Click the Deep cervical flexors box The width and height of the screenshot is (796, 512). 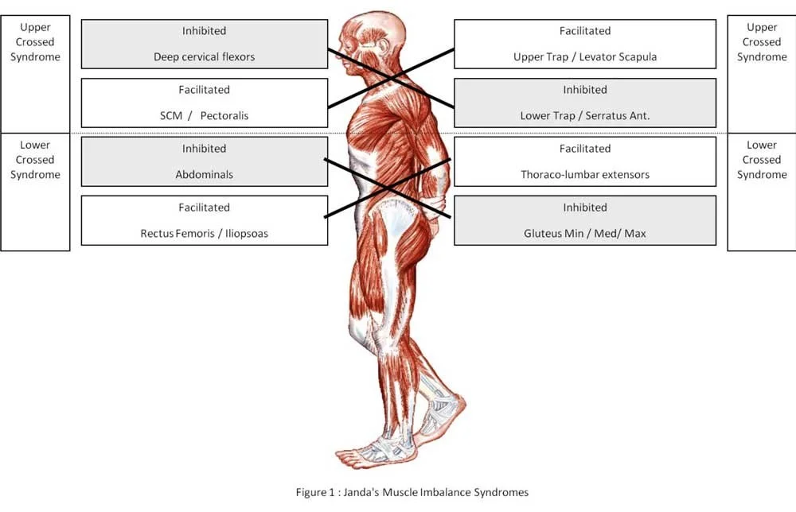[x=205, y=45]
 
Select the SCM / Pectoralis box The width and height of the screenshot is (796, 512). [x=205, y=103]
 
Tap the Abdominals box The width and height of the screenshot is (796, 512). [x=205, y=161]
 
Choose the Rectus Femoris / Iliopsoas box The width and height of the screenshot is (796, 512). [x=205, y=220]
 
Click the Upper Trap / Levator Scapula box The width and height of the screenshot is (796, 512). [x=585, y=45]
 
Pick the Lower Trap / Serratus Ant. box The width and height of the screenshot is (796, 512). [x=585, y=103]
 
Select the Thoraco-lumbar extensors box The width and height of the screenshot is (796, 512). [x=585, y=161]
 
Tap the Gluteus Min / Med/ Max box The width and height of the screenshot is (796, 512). [x=585, y=220]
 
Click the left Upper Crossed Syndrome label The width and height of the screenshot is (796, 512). [x=35, y=42]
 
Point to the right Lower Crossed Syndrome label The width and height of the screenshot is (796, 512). [x=762, y=160]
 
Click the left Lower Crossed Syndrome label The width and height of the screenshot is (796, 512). [x=35, y=160]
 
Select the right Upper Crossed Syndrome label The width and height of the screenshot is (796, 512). [x=762, y=42]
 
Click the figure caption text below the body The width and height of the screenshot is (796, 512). [x=412, y=492]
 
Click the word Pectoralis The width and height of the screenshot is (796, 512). [x=224, y=116]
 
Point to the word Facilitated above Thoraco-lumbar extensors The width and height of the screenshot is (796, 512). [x=585, y=149]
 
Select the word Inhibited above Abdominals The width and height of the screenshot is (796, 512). [x=205, y=149]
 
